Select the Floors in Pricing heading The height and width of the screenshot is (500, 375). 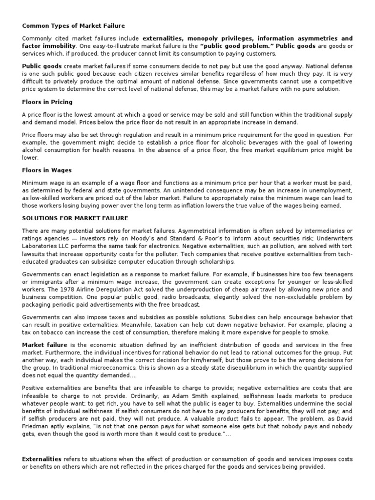[47, 102]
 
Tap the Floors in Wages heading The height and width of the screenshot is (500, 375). [47, 170]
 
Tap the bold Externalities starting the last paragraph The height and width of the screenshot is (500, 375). [42, 459]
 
